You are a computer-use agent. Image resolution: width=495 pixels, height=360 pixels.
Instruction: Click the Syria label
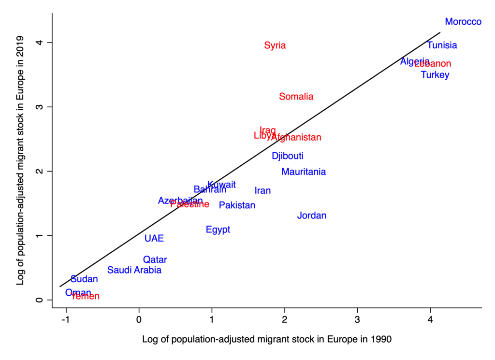pyautogui.click(x=275, y=45)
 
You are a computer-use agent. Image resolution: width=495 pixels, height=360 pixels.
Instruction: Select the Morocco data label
pyautogui.click(x=463, y=22)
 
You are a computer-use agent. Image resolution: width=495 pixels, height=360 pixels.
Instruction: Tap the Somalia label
pyautogui.click(x=296, y=97)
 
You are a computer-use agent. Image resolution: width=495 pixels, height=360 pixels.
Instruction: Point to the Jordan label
pyautogui.click(x=312, y=216)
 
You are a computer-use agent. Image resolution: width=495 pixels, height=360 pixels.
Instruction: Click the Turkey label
pyautogui.click(x=435, y=75)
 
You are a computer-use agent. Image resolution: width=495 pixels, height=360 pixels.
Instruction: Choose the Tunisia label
pyautogui.click(x=442, y=45)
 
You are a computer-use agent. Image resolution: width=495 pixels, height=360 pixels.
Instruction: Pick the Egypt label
pyautogui.click(x=218, y=230)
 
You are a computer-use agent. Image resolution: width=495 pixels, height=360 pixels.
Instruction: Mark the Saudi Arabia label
pyautogui.click(x=134, y=270)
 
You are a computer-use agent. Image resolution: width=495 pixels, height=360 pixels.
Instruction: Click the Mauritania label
pyautogui.click(x=304, y=172)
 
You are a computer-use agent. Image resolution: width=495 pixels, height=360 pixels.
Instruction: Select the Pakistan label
pyautogui.click(x=237, y=205)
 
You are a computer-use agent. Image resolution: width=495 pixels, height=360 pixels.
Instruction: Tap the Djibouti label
pyautogui.click(x=288, y=156)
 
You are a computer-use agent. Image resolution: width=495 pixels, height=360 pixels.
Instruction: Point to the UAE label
pyautogui.click(x=154, y=238)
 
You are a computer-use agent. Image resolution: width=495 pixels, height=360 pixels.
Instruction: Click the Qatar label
pyautogui.click(x=155, y=259)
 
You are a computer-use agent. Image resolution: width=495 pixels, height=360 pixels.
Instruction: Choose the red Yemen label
pyautogui.click(x=86, y=296)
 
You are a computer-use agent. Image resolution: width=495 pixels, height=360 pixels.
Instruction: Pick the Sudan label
pyautogui.click(x=84, y=279)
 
